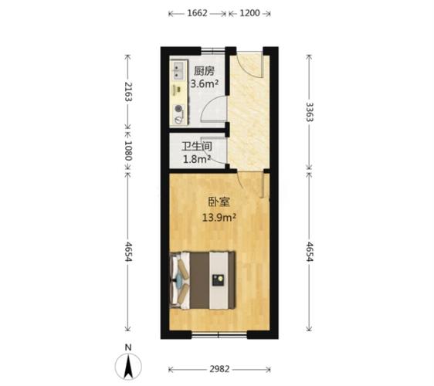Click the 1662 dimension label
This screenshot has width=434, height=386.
197,13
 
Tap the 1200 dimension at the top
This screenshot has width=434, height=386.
249,13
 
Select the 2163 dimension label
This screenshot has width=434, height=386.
128,92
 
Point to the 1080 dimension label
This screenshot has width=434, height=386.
128,151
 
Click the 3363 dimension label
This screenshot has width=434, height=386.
309,112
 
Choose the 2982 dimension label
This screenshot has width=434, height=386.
219,369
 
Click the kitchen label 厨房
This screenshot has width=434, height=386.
204,71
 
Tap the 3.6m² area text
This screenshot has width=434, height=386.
205,83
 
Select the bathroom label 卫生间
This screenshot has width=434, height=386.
197,147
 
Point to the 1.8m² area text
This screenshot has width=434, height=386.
197,159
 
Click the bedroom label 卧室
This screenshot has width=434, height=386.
219,202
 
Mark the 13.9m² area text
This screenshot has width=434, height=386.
219,218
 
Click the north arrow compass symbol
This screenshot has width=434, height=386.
128,366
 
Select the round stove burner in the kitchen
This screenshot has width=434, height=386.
179,109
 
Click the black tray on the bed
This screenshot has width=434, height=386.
218,280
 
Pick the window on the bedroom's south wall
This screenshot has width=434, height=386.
219,334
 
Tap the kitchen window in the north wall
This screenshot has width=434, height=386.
212,51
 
